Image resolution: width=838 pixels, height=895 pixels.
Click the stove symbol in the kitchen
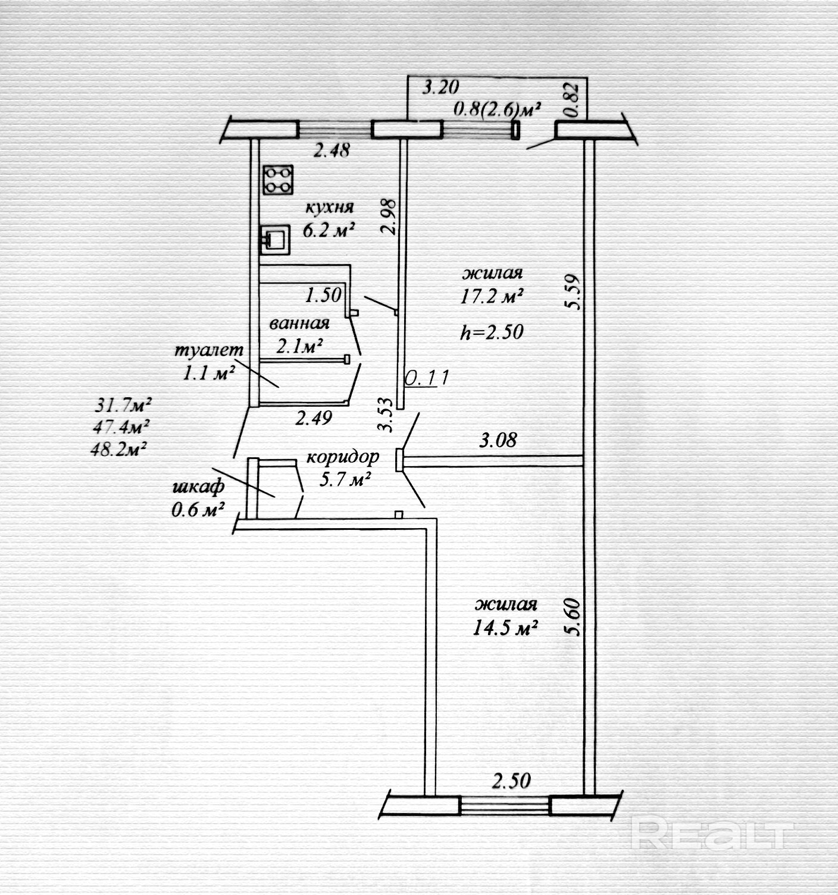tap(278, 179)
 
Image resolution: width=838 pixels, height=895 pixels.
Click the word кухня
tap(329, 207)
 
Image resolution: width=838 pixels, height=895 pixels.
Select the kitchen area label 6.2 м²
tap(329, 230)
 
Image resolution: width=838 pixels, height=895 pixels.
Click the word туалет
tap(209, 350)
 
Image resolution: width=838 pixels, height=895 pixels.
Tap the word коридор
tap(342, 457)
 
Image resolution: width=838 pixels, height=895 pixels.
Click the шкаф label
tap(198, 486)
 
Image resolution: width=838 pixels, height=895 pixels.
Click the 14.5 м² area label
tap(505, 628)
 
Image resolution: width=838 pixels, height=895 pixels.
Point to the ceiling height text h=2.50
tap(492, 331)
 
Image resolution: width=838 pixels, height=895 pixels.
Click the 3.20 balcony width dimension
tap(440, 88)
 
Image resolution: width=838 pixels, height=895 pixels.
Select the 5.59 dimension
tap(573, 291)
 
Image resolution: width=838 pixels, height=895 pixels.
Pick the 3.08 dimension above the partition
tap(498, 441)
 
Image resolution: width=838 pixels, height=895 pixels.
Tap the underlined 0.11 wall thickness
tap(425, 378)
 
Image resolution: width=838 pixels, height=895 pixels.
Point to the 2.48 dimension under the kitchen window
tap(332, 150)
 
